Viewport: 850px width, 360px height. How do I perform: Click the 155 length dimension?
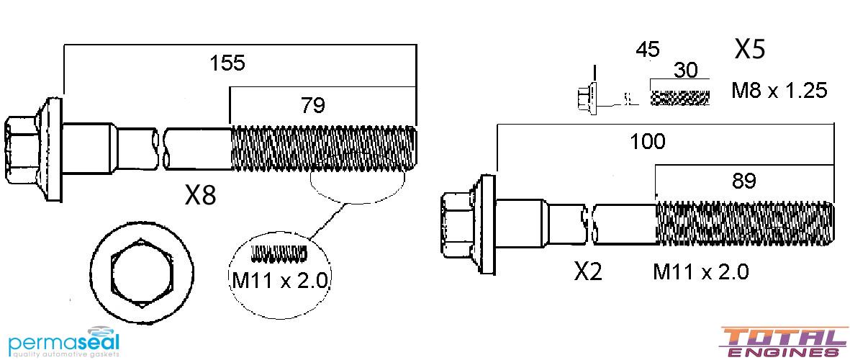[227, 63]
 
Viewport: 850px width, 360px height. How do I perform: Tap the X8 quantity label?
[199, 195]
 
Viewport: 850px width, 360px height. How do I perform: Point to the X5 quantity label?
[749, 49]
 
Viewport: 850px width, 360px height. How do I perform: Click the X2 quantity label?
[588, 271]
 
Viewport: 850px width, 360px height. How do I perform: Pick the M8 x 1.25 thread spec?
[779, 91]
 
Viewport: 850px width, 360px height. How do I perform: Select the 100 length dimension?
[647, 141]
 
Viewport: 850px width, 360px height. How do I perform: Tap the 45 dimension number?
[648, 50]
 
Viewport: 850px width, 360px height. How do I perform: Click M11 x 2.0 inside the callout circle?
[280, 279]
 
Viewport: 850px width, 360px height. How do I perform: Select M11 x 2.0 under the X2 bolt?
[700, 271]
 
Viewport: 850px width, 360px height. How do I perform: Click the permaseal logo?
[60, 343]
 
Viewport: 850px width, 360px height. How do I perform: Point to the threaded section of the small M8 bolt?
[680, 96]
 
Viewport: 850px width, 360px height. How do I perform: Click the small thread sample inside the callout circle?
[279, 253]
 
